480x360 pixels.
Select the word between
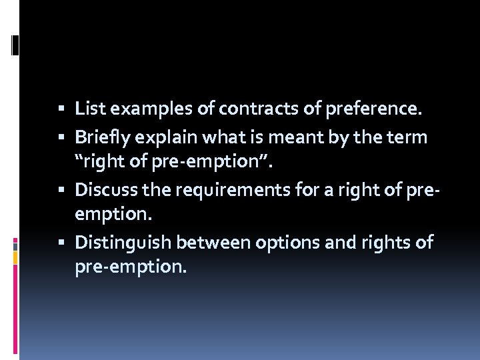pyautogui.click(x=194, y=243)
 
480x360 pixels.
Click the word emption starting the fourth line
pyautogui.click(x=108, y=215)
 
